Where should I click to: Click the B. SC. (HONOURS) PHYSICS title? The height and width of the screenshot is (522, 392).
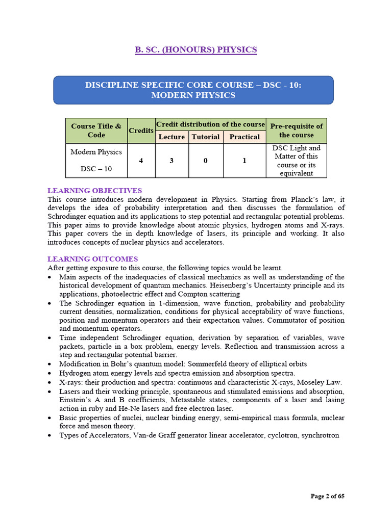(x=195, y=49)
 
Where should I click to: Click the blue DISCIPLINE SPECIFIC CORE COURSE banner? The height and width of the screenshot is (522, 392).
(x=193, y=90)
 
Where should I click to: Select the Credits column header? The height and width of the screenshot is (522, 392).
(x=141, y=130)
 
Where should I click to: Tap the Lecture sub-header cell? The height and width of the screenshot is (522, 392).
(x=171, y=137)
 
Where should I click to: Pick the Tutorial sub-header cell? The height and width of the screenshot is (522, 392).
(x=206, y=137)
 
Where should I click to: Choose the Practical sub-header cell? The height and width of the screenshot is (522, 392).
(x=244, y=137)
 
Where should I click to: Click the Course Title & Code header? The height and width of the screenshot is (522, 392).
(x=96, y=130)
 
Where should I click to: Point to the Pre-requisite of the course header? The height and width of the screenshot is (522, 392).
(x=296, y=130)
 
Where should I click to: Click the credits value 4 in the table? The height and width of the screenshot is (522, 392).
(x=141, y=161)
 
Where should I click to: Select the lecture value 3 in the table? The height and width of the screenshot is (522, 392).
(x=171, y=161)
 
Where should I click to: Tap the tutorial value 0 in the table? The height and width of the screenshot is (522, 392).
(x=206, y=161)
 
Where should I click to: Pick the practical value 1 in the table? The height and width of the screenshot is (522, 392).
(x=244, y=161)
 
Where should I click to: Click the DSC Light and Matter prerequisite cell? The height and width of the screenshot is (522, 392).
(x=296, y=161)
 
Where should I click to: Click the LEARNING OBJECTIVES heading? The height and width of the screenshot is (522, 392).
(x=94, y=191)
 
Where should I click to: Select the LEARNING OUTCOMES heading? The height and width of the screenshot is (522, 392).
(x=92, y=259)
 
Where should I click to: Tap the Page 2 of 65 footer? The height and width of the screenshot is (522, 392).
(x=328, y=496)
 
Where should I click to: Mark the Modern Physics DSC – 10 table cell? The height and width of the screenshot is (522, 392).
(x=96, y=161)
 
